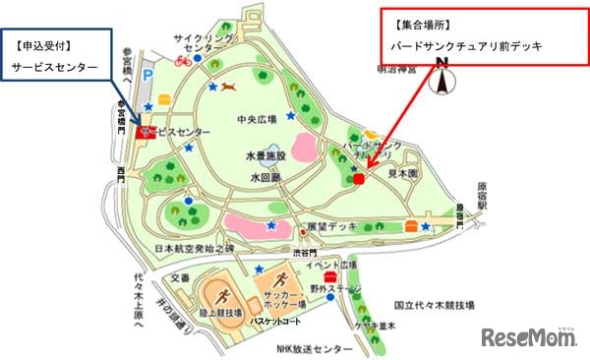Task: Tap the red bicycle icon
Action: [182, 61]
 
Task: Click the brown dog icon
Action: [229, 88]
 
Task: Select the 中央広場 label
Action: [257, 122]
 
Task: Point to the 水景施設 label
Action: [265, 156]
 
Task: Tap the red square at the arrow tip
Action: [360, 179]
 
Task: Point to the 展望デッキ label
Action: [329, 225]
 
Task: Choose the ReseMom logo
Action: [530, 338]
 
